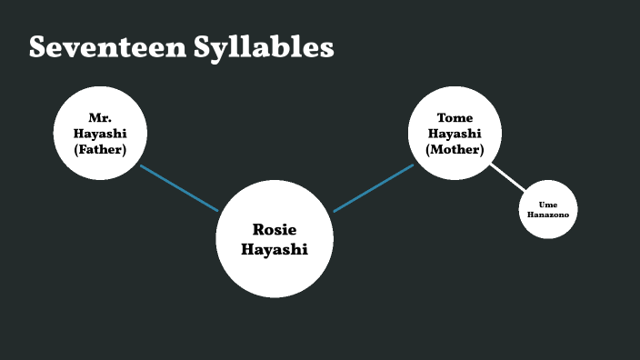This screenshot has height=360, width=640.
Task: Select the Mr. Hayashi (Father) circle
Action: (100, 133)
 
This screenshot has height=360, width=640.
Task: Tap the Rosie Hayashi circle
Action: (275, 239)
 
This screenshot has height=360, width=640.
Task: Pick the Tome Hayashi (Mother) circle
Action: (455, 133)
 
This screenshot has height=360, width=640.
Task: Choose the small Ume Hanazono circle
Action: (548, 210)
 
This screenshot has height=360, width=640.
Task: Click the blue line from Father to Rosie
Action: (179, 187)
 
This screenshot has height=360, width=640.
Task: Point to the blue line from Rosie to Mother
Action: (374, 187)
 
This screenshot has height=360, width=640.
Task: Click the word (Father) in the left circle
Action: (100, 148)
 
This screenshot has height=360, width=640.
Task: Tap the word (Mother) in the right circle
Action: (455, 148)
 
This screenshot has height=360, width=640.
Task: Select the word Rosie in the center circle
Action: (275, 230)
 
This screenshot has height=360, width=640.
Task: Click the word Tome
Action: (455, 118)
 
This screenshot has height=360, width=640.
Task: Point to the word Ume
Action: (548, 205)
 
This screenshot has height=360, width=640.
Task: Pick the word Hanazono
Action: (548, 215)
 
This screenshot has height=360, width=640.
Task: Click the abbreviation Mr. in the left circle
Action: (100, 118)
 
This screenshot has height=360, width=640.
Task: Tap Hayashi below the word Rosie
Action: (275, 249)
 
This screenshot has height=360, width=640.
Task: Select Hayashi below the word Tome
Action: (455, 133)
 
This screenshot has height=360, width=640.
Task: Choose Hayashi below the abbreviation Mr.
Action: (100, 133)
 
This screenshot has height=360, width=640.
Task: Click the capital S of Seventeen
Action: (38, 47)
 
